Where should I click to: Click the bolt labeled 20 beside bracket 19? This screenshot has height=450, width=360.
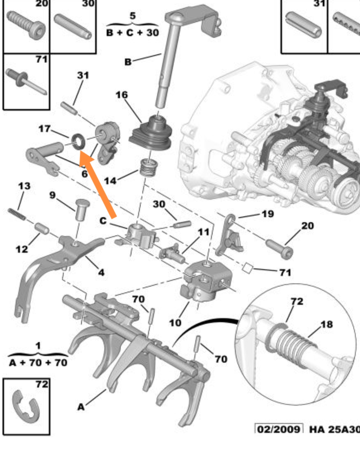click(x=279, y=248)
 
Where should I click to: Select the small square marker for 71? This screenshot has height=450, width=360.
click(x=248, y=267)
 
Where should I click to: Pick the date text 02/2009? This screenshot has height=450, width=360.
click(x=279, y=429)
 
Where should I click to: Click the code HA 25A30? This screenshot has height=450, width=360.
click(x=334, y=429)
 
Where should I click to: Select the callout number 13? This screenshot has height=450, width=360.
click(x=24, y=186)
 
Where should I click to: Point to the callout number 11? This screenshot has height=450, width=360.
click(x=203, y=232)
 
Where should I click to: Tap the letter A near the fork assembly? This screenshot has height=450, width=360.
click(x=81, y=407)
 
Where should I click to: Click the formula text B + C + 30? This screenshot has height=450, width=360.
click(x=133, y=33)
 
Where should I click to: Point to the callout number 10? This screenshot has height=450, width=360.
click(x=175, y=322)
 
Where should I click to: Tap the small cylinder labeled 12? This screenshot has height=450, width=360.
click(x=42, y=229)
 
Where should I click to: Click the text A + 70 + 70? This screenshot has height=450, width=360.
click(x=38, y=362)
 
